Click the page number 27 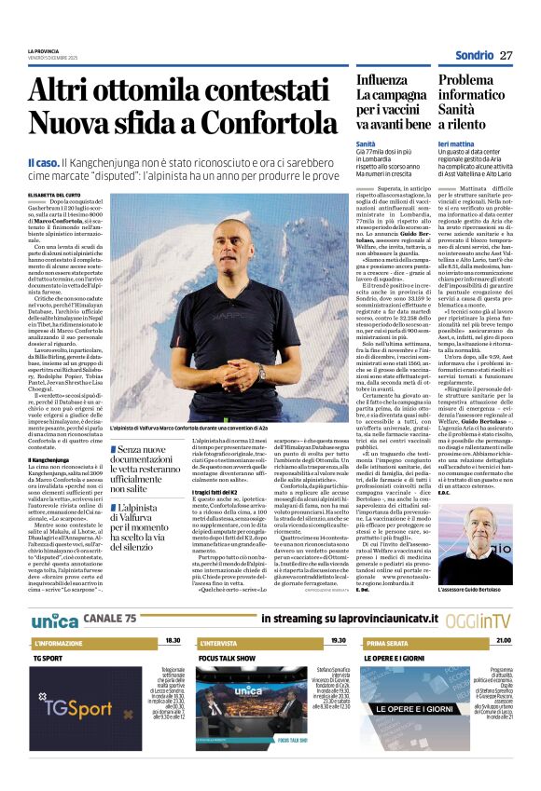tap(506, 56)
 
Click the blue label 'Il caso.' tap(46, 163)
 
